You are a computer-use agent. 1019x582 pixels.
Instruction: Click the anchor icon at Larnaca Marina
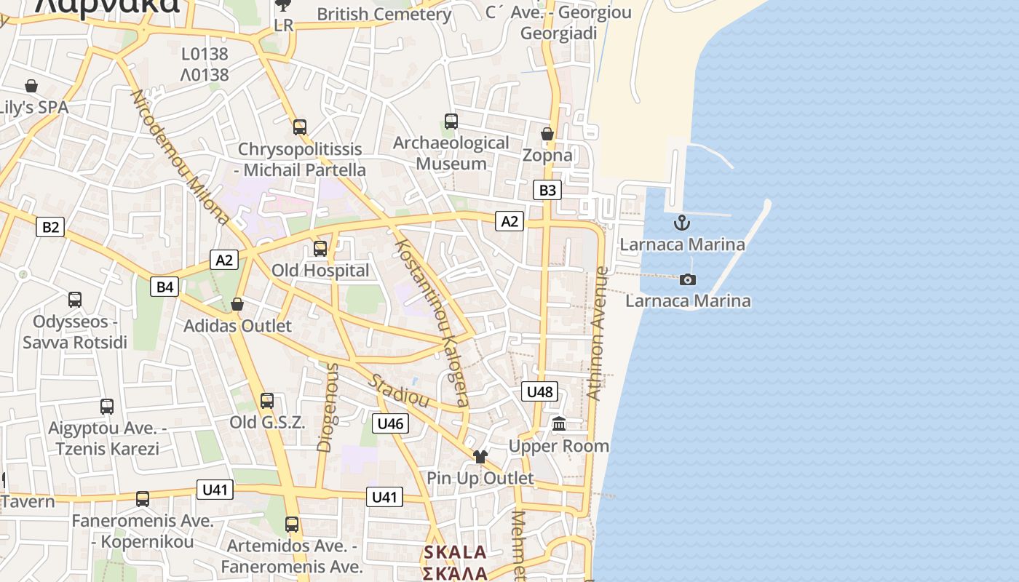682,223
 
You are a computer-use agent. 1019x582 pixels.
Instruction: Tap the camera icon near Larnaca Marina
687,279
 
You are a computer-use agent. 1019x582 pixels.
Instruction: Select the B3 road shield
547,191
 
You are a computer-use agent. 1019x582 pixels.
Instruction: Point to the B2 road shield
50,227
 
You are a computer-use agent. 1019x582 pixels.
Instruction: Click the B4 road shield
165,287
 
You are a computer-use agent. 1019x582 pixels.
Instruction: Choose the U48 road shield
539,392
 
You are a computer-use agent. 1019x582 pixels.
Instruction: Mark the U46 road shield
391,423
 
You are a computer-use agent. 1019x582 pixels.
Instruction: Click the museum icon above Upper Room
559,423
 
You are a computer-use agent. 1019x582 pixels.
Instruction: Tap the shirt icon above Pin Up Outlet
480,457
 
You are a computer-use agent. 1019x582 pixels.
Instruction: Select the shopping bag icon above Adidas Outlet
237,304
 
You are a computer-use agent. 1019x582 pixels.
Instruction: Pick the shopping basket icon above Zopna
547,134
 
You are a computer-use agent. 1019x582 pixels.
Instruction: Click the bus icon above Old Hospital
320,249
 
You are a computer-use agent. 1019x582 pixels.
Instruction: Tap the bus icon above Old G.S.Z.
267,400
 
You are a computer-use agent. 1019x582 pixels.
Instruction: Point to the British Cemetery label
384,14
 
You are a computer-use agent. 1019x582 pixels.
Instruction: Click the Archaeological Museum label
451,153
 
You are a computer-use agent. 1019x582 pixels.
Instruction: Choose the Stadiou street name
398,391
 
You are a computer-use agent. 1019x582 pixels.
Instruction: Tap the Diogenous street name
328,407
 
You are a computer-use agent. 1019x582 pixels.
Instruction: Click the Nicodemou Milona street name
179,156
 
